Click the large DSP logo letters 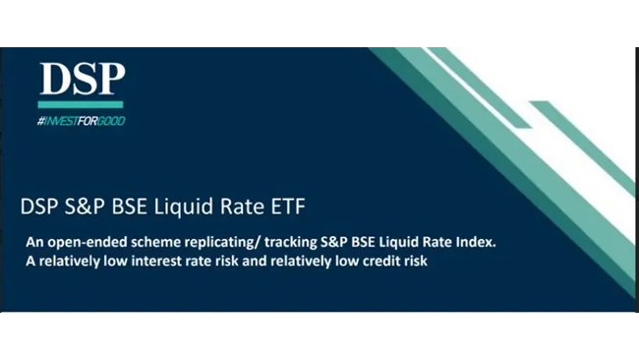tap(82, 79)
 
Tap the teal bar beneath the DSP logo tap(82, 103)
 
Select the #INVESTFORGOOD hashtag tap(82, 120)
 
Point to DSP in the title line tap(38, 208)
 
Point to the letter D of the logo tap(54, 79)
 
